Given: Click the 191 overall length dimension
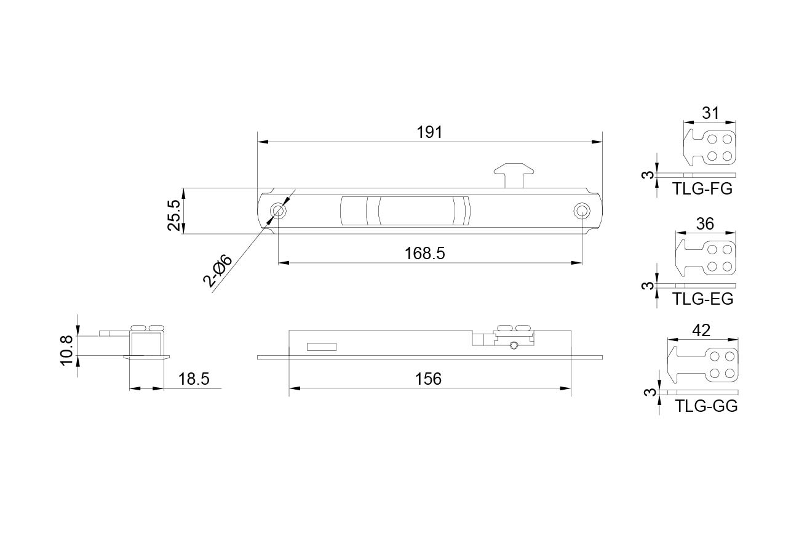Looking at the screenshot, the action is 429,132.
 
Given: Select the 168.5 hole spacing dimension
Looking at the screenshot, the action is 424,254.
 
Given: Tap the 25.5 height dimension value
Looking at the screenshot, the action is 175,215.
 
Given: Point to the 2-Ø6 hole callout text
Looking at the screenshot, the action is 218,271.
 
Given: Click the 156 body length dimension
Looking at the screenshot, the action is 428,379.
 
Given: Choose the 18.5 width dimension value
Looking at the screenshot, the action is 194,379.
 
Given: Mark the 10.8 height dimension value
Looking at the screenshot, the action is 66,350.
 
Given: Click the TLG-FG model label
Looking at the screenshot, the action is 702,188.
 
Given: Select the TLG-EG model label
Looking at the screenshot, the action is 702,299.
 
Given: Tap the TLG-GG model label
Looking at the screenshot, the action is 706,406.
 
